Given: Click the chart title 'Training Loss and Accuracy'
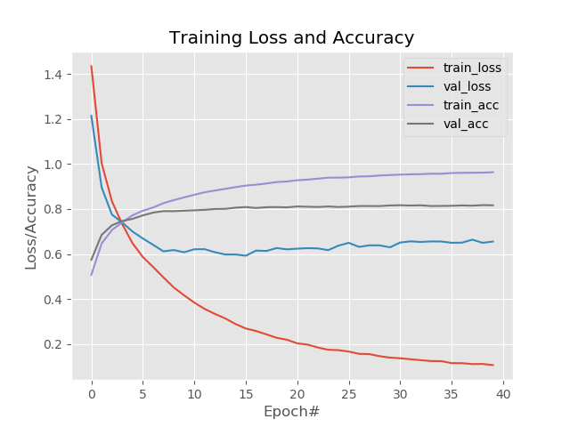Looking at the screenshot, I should tap(291, 38).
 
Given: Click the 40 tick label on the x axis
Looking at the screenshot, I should tap(503, 392).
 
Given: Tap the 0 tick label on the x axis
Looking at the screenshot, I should tap(91, 392).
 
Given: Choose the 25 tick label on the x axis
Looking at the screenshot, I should tap(349, 392).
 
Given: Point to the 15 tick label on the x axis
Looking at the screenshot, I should tap(246, 392).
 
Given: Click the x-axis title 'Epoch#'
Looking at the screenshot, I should tap(291, 412).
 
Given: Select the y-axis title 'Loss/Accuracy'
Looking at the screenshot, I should tap(31, 217).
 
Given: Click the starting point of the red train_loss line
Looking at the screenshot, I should tap(91, 66).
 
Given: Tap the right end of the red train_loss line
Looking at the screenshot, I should tap(493, 365).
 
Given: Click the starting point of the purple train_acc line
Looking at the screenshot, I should tap(91, 274).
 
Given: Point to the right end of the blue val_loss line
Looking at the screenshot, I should tap(493, 241).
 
